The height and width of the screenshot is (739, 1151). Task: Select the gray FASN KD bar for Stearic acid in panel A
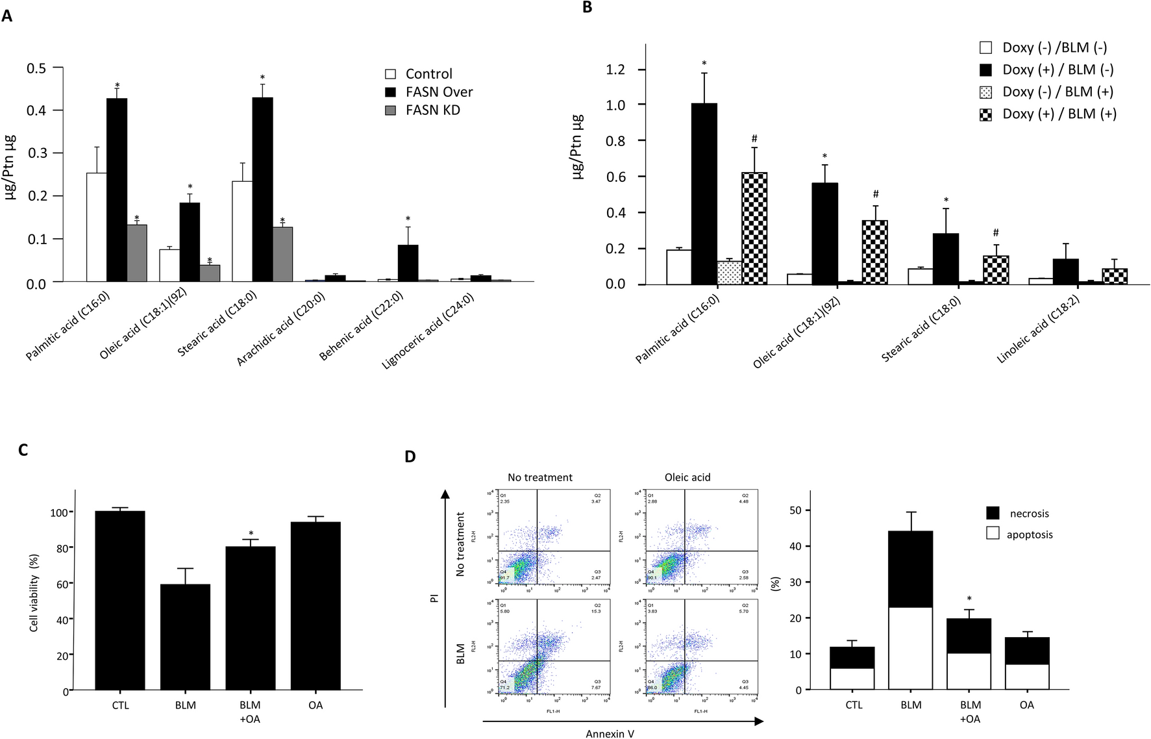tap(282, 254)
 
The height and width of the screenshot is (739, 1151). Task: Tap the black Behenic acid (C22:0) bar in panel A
tap(408, 263)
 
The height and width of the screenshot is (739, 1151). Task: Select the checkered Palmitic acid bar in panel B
tap(754, 229)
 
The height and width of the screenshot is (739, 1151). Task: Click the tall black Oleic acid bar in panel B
tap(824, 234)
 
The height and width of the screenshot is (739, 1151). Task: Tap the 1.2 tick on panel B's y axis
tap(615, 69)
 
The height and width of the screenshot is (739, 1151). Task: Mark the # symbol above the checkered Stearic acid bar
tap(995, 232)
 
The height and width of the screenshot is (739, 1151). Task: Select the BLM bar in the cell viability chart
tap(185, 636)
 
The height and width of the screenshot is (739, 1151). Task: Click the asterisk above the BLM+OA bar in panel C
tap(251, 534)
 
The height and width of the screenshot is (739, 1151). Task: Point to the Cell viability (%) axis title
tap(34, 592)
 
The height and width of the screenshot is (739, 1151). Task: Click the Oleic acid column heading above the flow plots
tap(687, 477)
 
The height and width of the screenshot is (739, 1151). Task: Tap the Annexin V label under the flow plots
tap(610, 733)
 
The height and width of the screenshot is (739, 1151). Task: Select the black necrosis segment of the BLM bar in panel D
tap(910, 569)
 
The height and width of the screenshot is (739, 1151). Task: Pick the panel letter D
tap(410, 457)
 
